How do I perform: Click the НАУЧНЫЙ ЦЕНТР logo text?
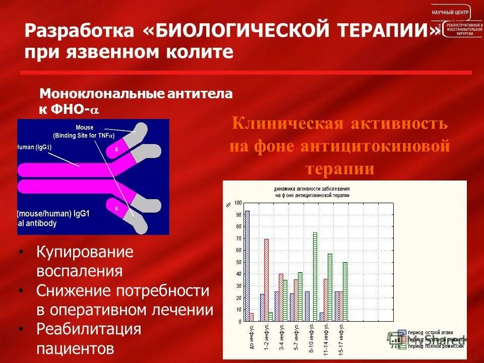[450, 12]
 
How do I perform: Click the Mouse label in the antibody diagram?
[84, 128]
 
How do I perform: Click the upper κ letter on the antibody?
[117, 150]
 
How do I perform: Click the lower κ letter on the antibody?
[116, 207]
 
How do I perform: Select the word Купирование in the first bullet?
[85, 252]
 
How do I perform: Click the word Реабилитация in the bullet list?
[88, 329]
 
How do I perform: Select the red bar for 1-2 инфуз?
[266, 280]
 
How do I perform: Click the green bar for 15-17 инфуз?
[345, 291]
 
